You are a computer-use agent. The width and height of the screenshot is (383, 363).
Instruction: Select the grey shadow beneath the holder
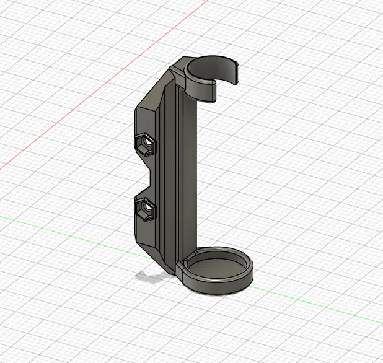point(149,276)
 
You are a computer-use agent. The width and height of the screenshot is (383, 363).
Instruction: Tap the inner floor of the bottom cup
point(217,270)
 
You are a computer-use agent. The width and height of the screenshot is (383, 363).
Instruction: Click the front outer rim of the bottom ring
point(217,289)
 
